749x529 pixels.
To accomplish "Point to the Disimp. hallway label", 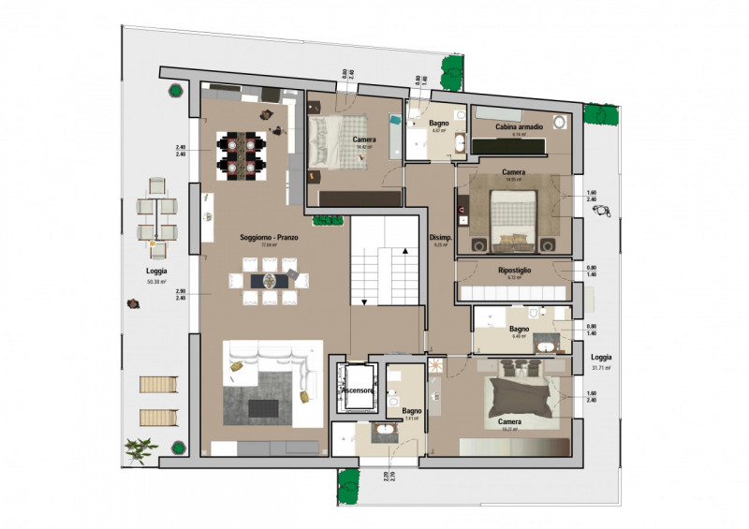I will pos(440,238).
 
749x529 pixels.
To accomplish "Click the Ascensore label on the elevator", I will pos(358,390).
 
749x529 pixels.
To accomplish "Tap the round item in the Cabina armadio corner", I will pos(561,122).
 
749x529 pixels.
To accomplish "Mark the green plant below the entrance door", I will pos(348,483).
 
